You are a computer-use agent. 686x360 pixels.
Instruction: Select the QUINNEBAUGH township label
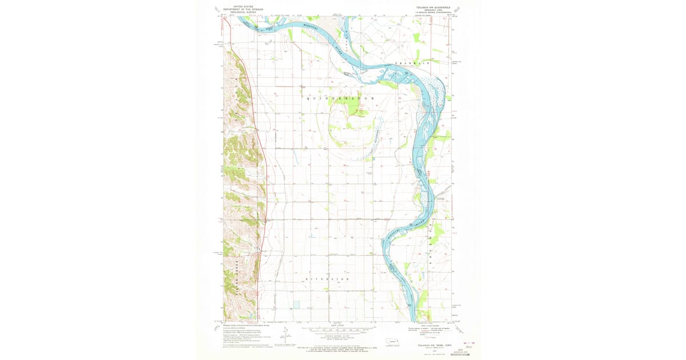coord(342,99)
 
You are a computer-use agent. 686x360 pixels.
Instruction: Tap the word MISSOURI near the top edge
coord(311,26)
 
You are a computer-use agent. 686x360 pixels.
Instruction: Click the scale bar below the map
coord(341,330)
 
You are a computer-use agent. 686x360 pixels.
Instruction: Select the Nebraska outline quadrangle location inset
coord(393,342)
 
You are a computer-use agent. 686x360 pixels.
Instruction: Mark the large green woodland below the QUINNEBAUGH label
coord(358,108)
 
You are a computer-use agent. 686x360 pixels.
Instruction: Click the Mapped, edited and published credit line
coord(246,325)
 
